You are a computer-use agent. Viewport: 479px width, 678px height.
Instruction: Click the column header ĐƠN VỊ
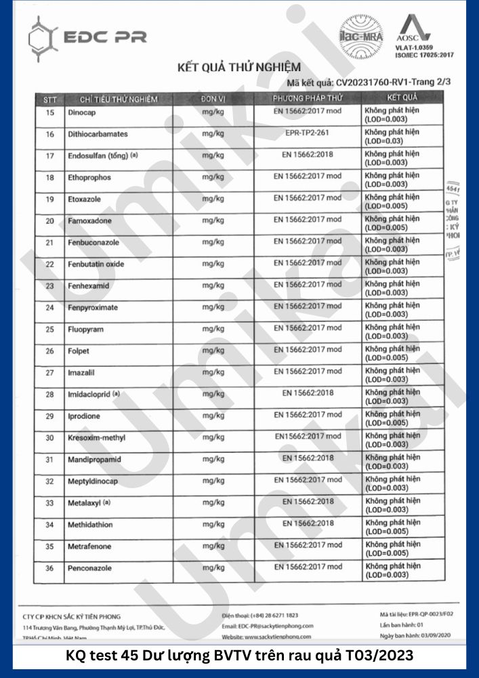[x=212, y=99]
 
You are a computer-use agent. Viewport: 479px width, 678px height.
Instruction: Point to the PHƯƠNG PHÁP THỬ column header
[x=308, y=99]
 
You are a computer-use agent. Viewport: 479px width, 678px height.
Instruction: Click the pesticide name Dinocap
[x=81, y=113]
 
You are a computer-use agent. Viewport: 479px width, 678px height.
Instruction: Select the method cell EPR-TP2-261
[x=308, y=134]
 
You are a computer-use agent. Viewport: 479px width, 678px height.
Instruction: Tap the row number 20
[x=49, y=221]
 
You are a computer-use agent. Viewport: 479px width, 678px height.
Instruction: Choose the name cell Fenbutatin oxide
[x=96, y=264]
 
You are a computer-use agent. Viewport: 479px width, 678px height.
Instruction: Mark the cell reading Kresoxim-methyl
[x=96, y=438]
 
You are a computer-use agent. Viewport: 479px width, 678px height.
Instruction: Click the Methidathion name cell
[x=89, y=525]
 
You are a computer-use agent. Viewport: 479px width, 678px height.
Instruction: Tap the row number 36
[x=49, y=568]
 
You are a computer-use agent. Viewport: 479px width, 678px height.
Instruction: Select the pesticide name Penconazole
[x=89, y=568]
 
